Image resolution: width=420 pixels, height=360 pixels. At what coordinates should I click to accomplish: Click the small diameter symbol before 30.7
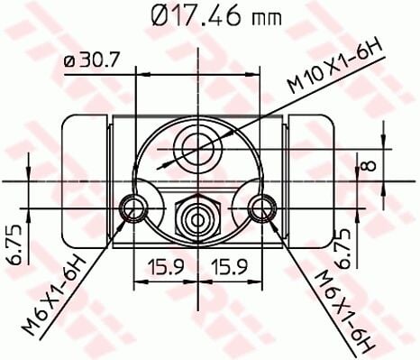(70, 61)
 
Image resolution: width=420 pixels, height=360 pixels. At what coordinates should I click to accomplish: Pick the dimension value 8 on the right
(368, 164)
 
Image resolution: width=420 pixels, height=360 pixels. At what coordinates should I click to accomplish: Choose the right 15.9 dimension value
(232, 268)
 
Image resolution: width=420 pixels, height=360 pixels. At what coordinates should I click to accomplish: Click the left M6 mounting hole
(134, 208)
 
